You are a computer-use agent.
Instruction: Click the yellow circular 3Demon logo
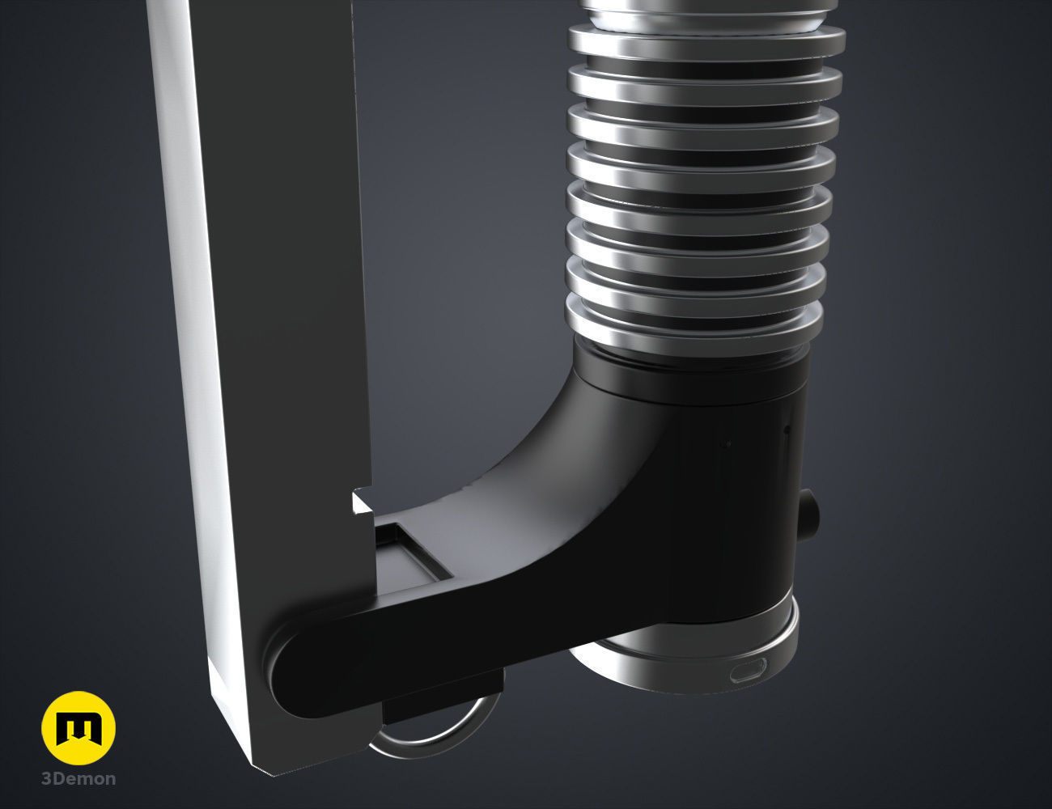(78, 728)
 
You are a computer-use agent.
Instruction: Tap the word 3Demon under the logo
(78, 779)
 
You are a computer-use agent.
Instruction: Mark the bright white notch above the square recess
(362, 506)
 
